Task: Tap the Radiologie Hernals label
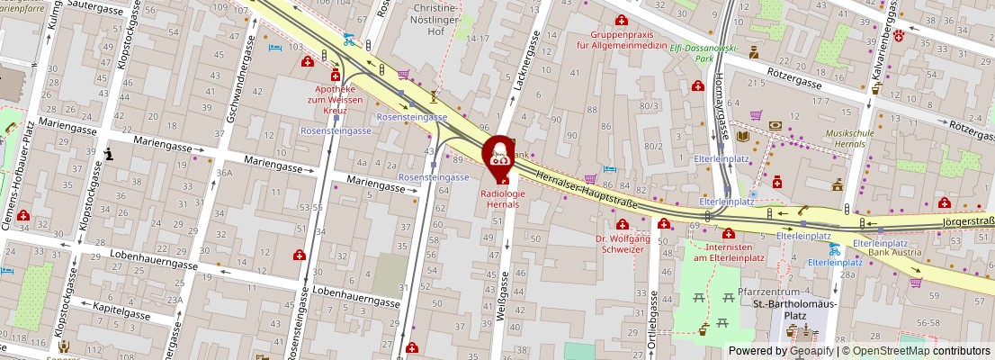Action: pos(501,198)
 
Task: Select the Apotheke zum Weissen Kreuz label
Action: pos(335,99)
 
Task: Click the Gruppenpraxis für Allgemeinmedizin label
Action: pos(622,39)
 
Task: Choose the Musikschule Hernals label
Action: pos(849,138)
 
